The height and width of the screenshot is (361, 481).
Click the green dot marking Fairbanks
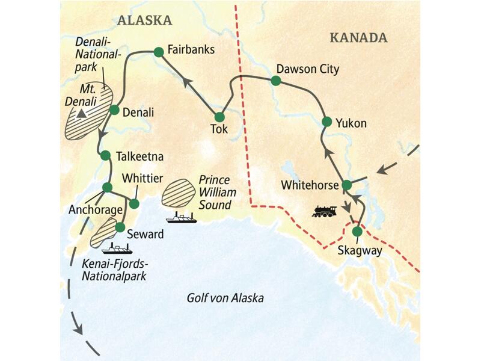159,52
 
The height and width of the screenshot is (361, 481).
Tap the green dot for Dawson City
275,81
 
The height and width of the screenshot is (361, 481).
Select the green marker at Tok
219,117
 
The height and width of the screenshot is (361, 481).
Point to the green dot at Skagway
357,231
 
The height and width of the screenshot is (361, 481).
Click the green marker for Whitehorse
347,185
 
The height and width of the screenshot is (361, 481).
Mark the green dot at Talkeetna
105,155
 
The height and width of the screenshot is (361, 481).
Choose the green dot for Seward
120,227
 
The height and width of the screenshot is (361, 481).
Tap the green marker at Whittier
135,204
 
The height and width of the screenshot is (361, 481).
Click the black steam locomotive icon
325,211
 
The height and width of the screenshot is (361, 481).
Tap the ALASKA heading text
144,20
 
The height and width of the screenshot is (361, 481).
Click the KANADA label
358,38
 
